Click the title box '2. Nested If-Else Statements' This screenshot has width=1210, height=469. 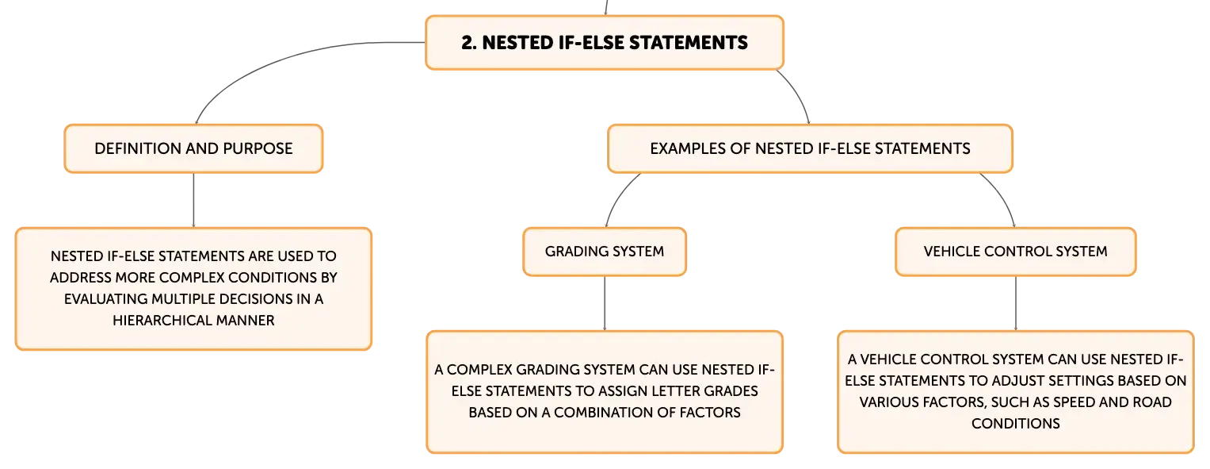[x=605, y=43]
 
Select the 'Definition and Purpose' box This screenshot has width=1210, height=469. [x=193, y=148]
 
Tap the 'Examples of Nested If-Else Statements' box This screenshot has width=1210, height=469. [x=810, y=148]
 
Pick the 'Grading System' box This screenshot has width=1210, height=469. [x=605, y=252]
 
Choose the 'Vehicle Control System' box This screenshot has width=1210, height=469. [x=1016, y=252]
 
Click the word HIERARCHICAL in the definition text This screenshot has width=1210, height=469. [x=162, y=321]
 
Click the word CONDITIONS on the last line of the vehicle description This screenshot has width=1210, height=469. [x=1016, y=424]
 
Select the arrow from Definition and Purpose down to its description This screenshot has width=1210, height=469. [x=193, y=200]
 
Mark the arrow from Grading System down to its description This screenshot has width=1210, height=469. [x=605, y=303]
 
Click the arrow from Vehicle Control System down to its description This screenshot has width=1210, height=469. [x=1016, y=303]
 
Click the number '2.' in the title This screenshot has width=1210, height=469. [x=469, y=43]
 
